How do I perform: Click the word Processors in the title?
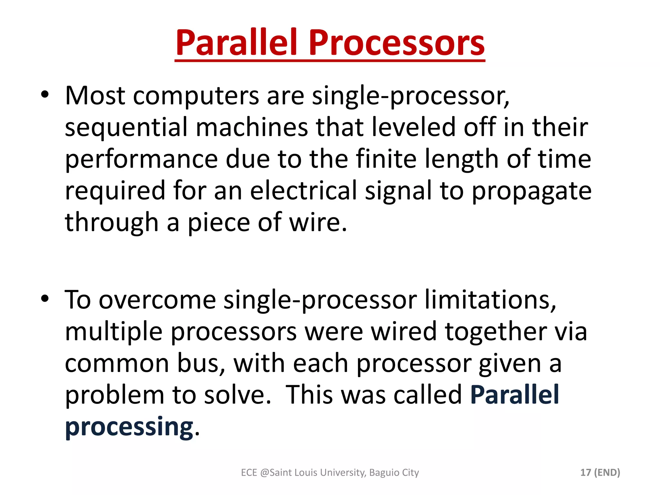[x=396, y=43]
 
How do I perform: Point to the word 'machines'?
[x=252, y=128]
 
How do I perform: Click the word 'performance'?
[x=141, y=159]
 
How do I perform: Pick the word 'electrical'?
[x=303, y=191]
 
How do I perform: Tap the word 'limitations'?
[x=490, y=300]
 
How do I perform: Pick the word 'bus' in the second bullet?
[x=200, y=363]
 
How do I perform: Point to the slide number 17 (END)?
[x=600, y=472]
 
